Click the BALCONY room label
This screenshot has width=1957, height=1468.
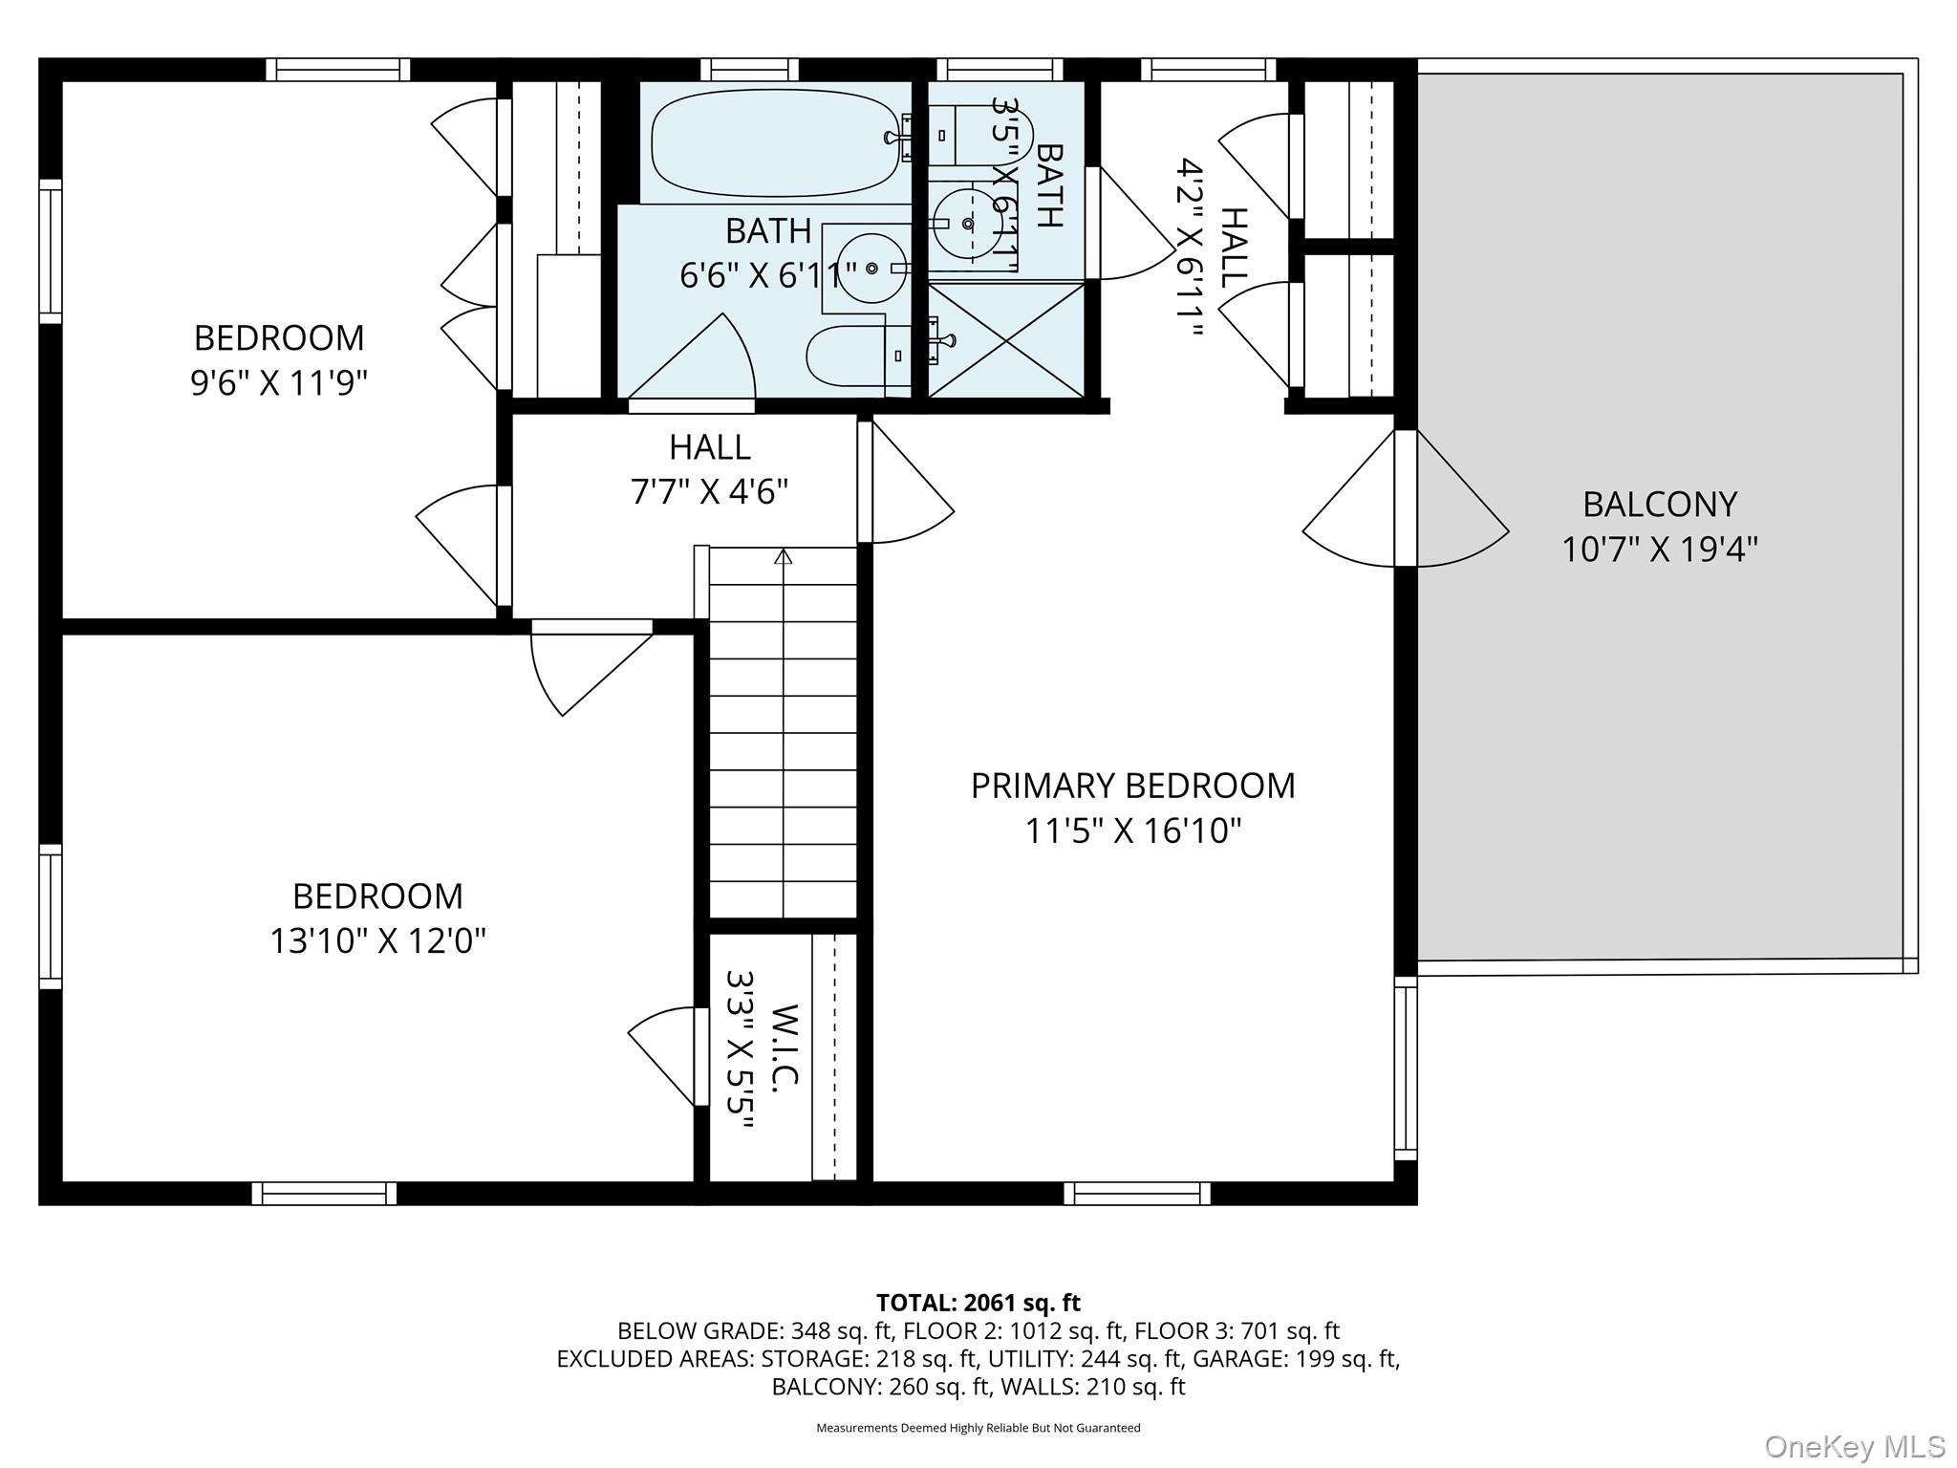1660,504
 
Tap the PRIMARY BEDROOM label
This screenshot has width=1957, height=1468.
1133,786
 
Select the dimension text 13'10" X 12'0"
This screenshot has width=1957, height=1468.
377,941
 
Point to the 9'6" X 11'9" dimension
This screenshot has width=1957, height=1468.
279,383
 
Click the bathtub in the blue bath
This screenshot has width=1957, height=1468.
775,142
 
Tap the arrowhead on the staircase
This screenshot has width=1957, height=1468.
784,556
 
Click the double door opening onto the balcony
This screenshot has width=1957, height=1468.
1405,498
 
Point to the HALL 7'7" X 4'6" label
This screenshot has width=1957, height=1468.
710,469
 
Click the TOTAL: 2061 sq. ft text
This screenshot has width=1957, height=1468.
978,1303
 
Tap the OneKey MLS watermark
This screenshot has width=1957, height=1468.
1855,1447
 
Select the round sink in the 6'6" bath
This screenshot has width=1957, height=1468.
871,269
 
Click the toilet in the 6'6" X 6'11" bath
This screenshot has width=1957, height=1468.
860,356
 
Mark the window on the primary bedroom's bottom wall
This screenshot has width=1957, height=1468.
1137,1194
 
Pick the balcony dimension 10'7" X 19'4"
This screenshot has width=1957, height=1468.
1660,550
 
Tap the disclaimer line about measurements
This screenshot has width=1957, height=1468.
978,1428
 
